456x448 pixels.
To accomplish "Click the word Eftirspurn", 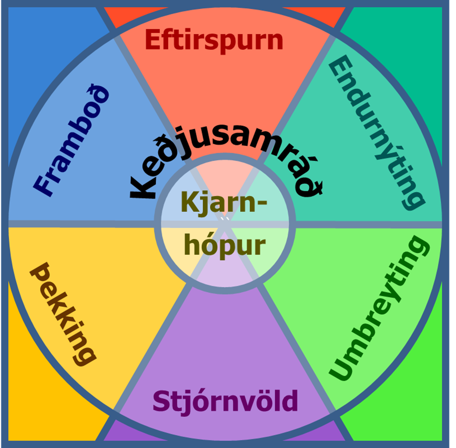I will pos(214,40).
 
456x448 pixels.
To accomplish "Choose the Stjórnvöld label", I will pos(225,401).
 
